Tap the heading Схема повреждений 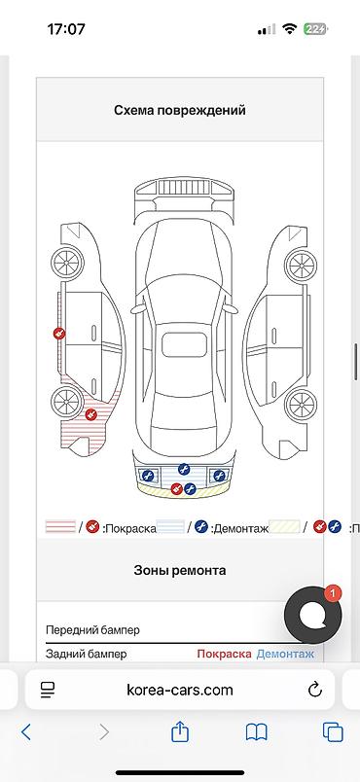click(x=180, y=111)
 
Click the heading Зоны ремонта click(x=180, y=570)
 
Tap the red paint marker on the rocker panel click(x=58, y=334)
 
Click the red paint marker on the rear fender click(x=90, y=415)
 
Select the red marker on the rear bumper click(x=176, y=489)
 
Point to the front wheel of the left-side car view click(x=67, y=262)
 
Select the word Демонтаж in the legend click(x=238, y=528)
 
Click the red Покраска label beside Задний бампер click(x=224, y=655)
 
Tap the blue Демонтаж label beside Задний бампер click(x=285, y=655)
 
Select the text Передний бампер click(x=92, y=630)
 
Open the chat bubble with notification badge click(x=312, y=614)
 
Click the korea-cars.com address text click(x=180, y=690)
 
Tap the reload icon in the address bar click(x=314, y=690)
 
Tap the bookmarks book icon click(x=257, y=731)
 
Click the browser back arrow click(x=26, y=731)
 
